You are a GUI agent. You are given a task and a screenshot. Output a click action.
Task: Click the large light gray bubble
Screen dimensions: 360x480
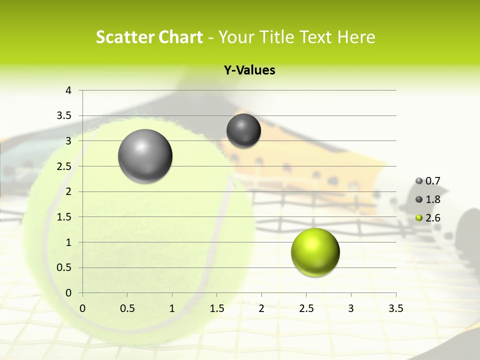point(145,156)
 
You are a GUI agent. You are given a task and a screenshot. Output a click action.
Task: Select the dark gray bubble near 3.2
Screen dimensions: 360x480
point(243,130)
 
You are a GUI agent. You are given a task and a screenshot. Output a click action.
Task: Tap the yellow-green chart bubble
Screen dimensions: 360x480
point(315,252)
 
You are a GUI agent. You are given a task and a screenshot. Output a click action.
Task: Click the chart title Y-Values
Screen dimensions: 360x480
point(249,70)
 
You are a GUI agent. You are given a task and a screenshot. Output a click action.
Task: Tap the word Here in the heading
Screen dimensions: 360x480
point(356,37)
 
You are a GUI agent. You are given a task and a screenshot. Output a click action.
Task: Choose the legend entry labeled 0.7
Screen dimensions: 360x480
point(428,181)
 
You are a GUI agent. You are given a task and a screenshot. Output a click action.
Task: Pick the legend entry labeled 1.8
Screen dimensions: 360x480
point(428,199)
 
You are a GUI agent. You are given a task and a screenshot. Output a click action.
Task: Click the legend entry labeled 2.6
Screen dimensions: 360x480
point(428,218)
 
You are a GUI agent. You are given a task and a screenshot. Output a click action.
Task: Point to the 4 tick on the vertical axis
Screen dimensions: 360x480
point(68,90)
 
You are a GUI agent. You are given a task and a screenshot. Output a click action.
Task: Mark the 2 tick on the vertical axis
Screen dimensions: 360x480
point(68,191)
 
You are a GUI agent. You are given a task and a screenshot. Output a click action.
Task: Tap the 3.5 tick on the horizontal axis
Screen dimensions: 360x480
point(395,308)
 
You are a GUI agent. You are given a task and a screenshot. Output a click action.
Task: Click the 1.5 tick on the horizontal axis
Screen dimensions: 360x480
point(216,308)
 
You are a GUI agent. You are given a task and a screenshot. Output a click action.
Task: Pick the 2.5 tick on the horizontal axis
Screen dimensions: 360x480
point(306,308)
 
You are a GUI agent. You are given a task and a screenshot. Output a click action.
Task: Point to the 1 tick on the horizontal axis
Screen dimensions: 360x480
point(172,308)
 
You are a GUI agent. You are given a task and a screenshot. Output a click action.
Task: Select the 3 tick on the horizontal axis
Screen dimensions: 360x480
point(351,308)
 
